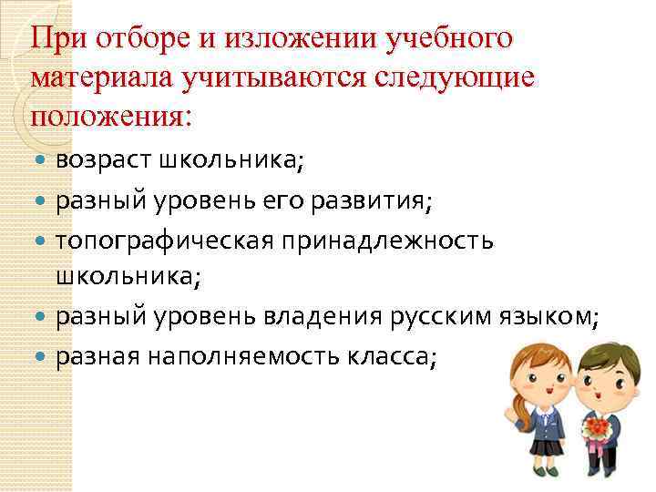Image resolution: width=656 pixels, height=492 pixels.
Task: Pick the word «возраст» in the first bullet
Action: click(103, 160)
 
